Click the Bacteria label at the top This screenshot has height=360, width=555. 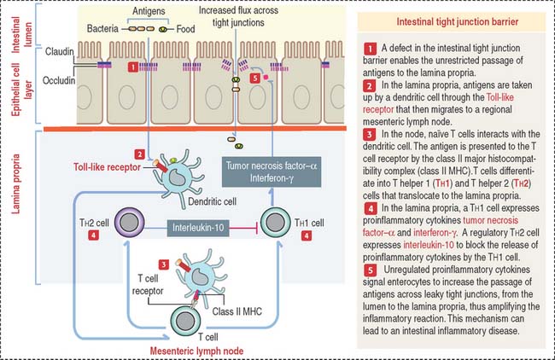(x=104, y=28)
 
